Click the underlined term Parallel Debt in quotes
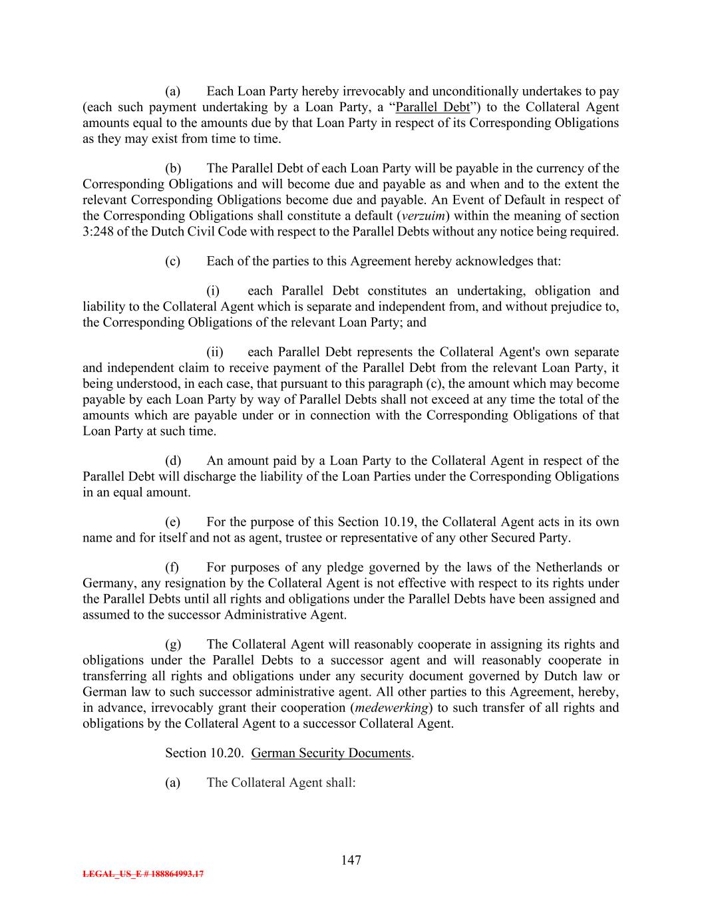432,107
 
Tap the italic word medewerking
391,707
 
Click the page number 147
351,860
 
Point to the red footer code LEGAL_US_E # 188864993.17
143,874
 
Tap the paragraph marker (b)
173,168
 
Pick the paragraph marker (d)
173,460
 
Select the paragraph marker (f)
172,567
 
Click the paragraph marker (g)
173,644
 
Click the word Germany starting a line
106,583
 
